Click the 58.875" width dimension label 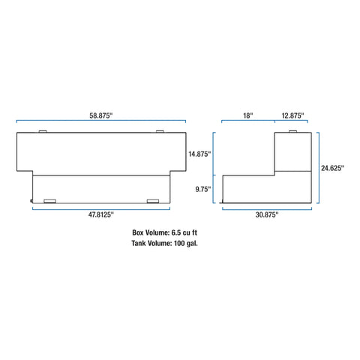[101, 115]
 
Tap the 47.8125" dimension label [101, 214]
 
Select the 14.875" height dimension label [199, 154]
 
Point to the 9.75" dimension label [203, 189]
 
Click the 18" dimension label [248, 115]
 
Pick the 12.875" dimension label [292, 115]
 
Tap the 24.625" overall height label [332, 168]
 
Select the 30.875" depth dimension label [267, 214]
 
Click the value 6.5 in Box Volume [176, 232]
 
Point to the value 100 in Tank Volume [179, 243]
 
